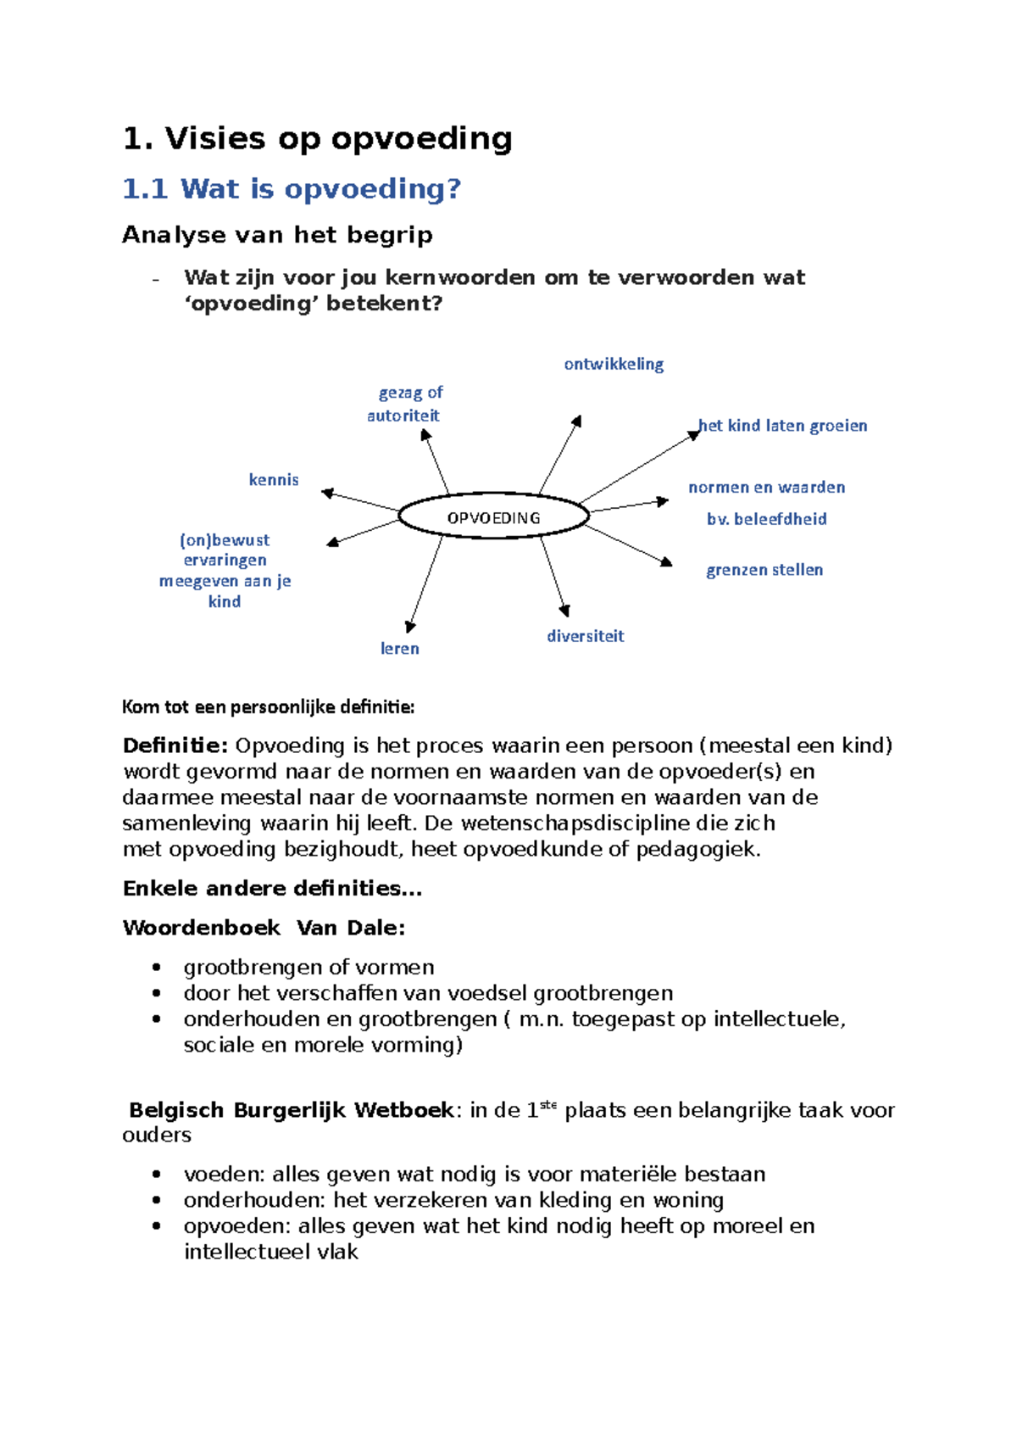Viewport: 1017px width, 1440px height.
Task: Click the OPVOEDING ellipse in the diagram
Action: click(x=493, y=516)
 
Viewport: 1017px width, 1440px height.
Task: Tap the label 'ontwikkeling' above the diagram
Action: click(x=614, y=364)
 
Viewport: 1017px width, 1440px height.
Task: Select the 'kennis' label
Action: click(x=274, y=480)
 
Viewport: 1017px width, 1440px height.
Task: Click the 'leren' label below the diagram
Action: click(x=400, y=649)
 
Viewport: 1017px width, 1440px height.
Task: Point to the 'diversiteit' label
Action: click(x=585, y=636)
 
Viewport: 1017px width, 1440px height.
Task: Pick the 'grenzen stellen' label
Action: click(x=764, y=570)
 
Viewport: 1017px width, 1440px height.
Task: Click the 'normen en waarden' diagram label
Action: click(x=766, y=488)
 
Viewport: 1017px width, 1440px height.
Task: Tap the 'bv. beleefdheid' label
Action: click(x=766, y=519)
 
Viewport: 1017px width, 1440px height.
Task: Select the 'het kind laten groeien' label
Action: click(x=782, y=426)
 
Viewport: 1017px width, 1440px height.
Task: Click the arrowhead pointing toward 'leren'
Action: click(x=410, y=627)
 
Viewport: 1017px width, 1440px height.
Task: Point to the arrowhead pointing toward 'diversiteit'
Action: click(x=565, y=610)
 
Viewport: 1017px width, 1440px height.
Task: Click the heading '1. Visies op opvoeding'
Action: click(x=318, y=138)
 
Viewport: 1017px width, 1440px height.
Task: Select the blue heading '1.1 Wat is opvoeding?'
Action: click(x=292, y=188)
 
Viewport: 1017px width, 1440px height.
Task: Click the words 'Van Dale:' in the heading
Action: click(x=351, y=928)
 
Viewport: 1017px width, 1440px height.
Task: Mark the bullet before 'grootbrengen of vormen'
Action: click(x=156, y=968)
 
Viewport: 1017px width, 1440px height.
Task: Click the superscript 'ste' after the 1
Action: click(x=548, y=1104)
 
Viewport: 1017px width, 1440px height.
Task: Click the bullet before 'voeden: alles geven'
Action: click(x=156, y=1175)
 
